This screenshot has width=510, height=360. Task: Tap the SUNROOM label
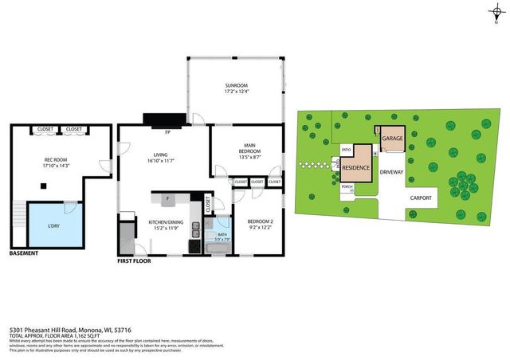(x=235, y=85)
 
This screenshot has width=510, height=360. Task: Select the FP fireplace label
(x=168, y=131)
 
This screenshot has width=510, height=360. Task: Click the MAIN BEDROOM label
(x=249, y=149)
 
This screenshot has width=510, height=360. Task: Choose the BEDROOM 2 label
(x=260, y=221)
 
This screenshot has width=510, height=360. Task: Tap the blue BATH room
(x=223, y=233)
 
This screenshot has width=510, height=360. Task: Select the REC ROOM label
(x=55, y=160)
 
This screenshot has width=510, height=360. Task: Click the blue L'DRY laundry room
(x=54, y=225)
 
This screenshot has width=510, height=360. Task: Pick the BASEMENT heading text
(x=24, y=254)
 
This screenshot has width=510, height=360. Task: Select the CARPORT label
(x=420, y=198)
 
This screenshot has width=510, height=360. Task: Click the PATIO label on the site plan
(x=347, y=150)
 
